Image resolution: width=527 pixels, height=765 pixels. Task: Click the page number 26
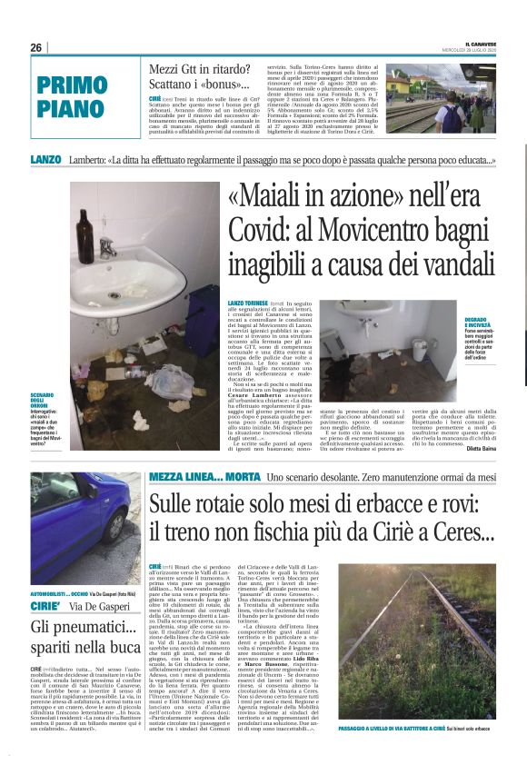pos(35,47)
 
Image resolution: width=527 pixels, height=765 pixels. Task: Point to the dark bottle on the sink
pos(85,233)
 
